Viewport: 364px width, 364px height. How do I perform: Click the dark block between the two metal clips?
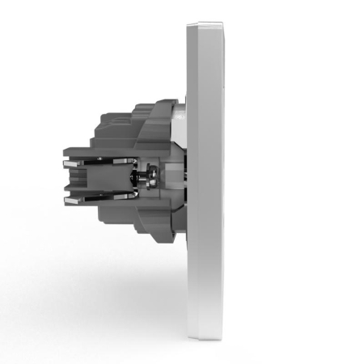click(101, 179)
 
